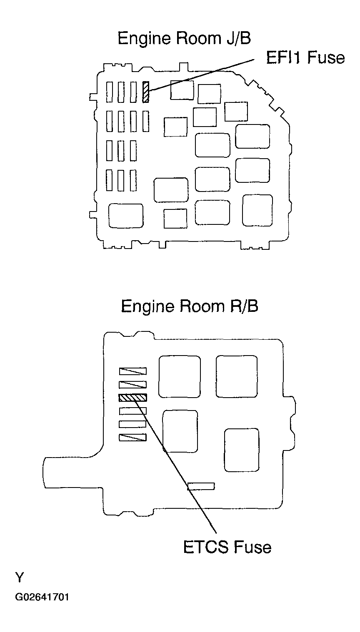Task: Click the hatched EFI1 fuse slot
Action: pos(145,92)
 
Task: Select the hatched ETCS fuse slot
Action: pos(132,398)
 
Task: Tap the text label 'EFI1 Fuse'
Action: pos(305,57)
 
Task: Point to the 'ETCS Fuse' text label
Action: pos(227,546)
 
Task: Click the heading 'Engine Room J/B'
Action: pos(184,39)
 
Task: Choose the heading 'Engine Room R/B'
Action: pos(190,306)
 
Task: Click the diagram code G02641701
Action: pos(42,597)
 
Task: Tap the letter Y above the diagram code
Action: pos(20,578)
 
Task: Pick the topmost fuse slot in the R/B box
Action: pos(132,371)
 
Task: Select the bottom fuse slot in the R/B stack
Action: pos(132,438)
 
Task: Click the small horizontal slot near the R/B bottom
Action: pos(201,486)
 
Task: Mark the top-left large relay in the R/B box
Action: pos(180,376)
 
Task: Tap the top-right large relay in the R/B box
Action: pos(236,376)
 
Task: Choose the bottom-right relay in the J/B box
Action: pos(257,210)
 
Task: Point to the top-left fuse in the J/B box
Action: pos(110,92)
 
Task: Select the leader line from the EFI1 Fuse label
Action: pos(200,75)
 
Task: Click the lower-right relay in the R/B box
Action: pos(242,450)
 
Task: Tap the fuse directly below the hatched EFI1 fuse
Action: pos(145,121)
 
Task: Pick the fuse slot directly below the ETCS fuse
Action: pos(132,411)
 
